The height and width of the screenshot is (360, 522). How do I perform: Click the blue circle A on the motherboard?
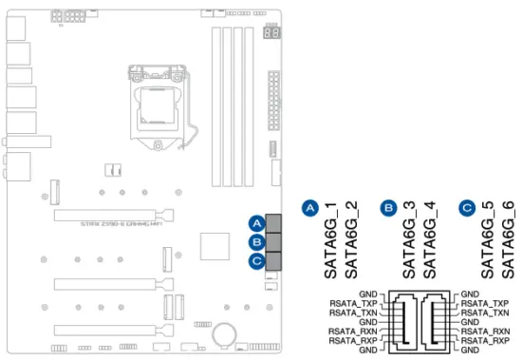pyautogui.click(x=255, y=224)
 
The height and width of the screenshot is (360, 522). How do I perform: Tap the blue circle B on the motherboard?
pyautogui.click(x=255, y=241)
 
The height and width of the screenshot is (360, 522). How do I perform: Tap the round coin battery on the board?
pyautogui.click(x=225, y=333)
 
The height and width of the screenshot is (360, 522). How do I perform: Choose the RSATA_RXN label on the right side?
pyautogui.click(x=485, y=330)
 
